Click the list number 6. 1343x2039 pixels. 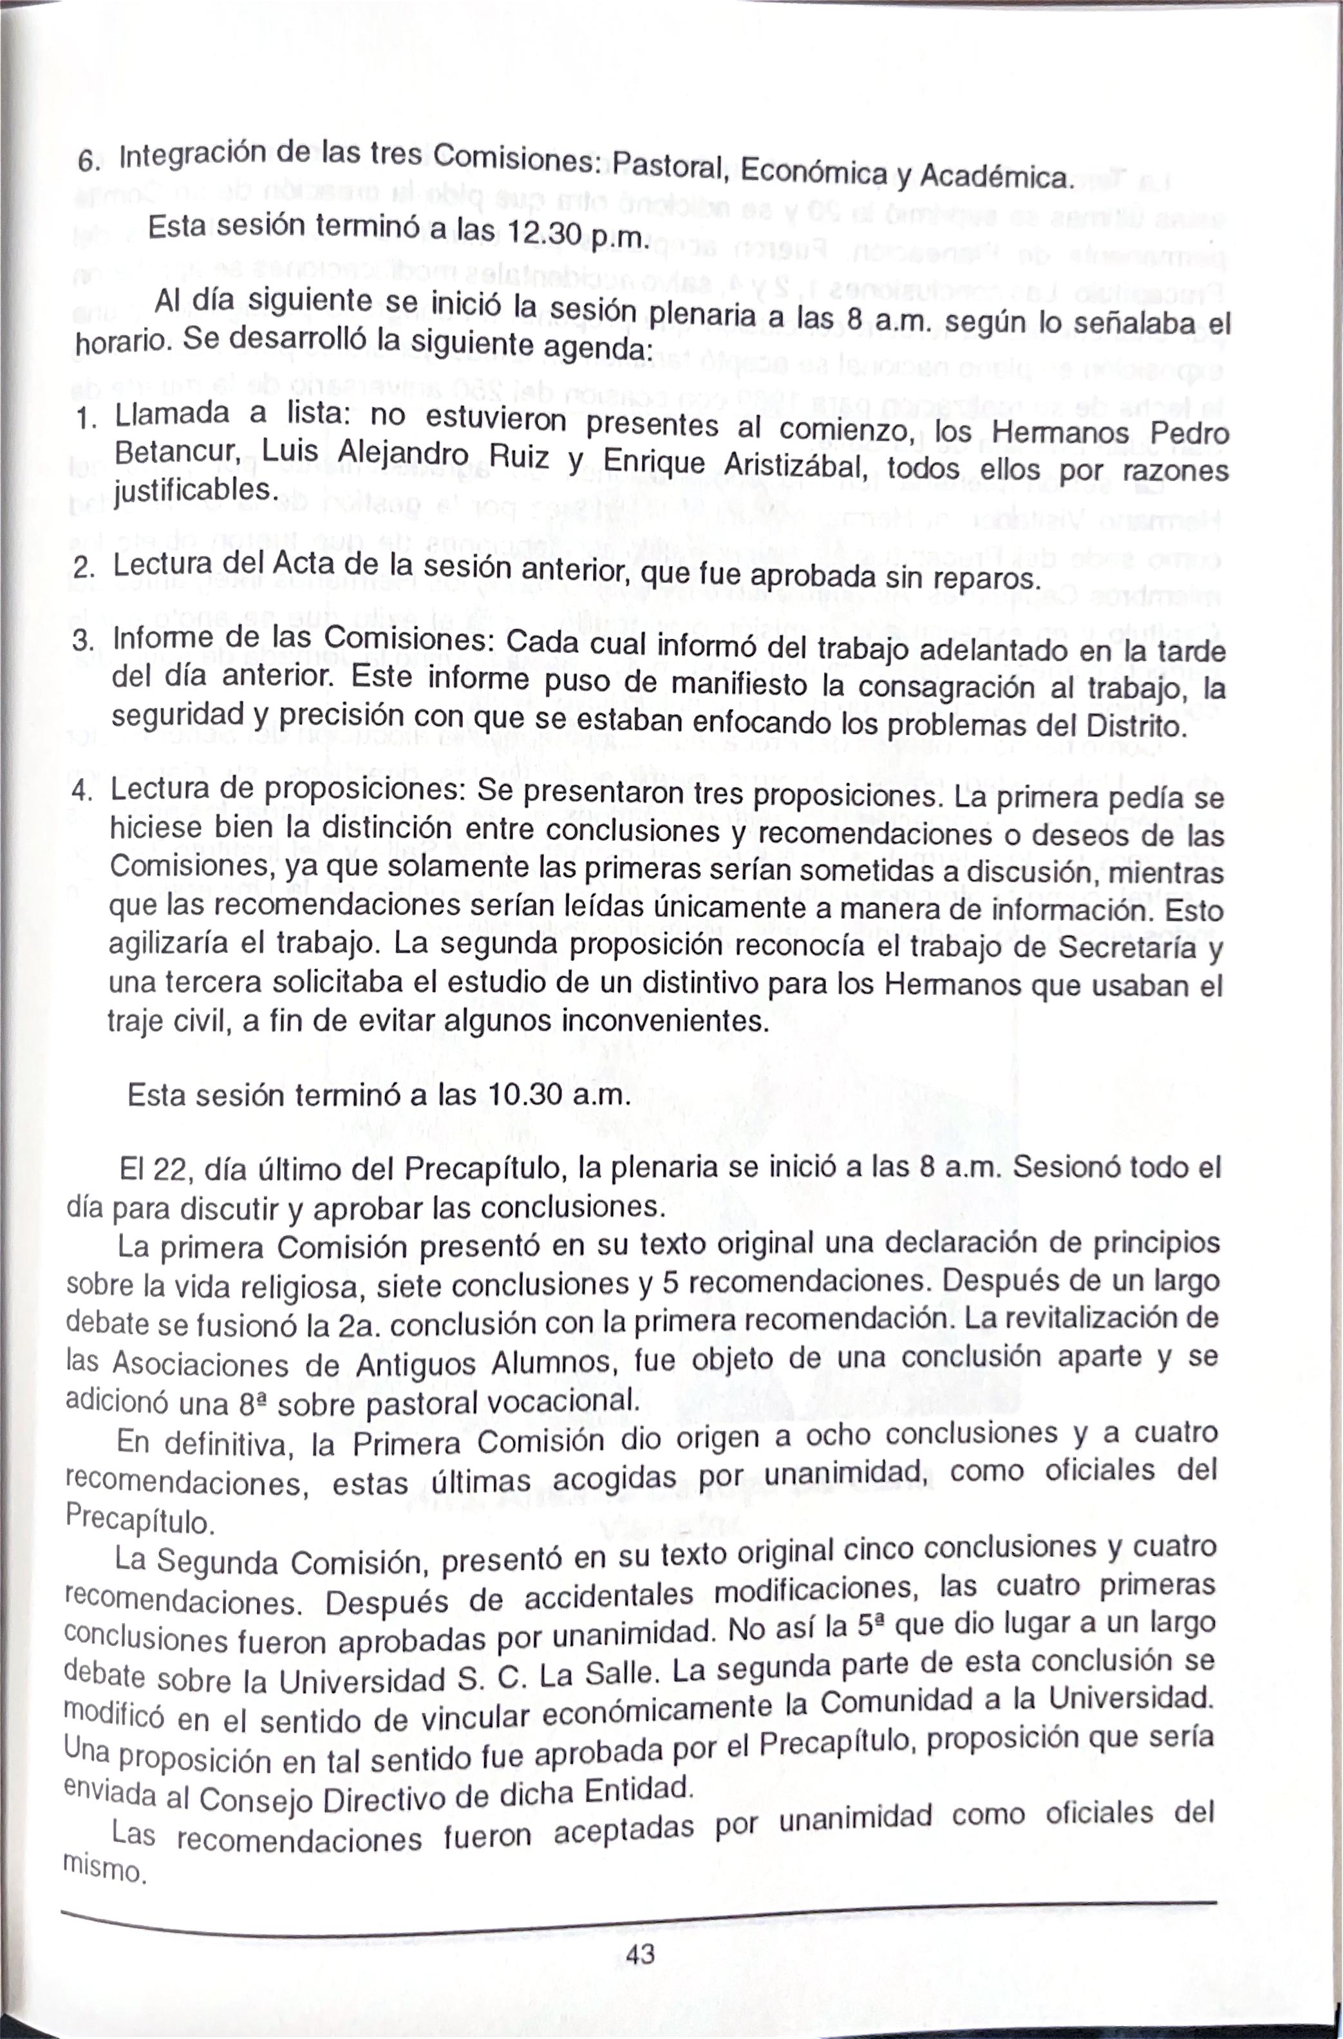point(88,161)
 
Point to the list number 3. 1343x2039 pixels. point(83,640)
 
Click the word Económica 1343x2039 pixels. point(813,172)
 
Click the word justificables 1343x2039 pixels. point(195,491)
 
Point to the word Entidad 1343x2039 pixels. point(638,1790)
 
